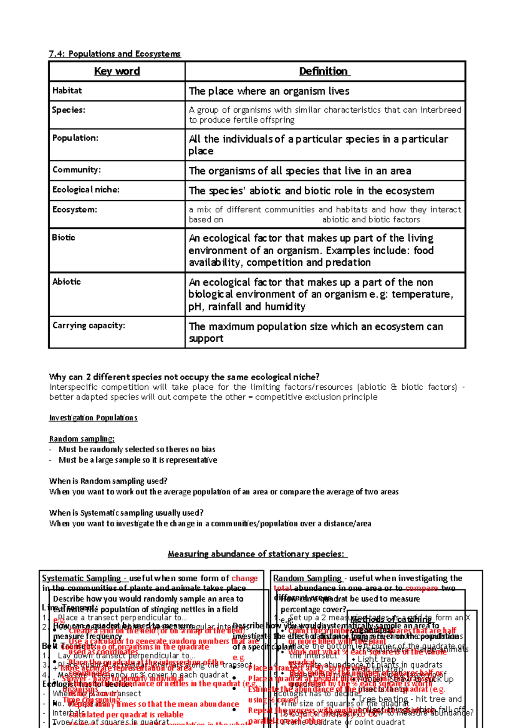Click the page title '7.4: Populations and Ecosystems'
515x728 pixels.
[x=115, y=54]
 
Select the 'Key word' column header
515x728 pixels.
[x=117, y=71]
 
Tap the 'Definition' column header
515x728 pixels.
[x=324, y=71]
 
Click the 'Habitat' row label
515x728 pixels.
[x=67, y=90]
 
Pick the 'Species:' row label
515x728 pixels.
[x=69, y=110]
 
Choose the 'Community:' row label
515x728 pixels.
[x=76, y=170]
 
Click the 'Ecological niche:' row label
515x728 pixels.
[x=86, y=190]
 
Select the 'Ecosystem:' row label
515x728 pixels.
[x=75, y=210]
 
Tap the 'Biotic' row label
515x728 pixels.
[x=64, y=238]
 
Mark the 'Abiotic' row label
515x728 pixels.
[x=67, y=282]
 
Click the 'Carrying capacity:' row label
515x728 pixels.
[x=89, y=325]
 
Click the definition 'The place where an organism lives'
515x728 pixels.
[x=269, y=91]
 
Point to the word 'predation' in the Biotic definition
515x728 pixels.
[x=348, y=262]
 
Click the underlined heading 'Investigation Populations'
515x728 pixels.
[x=93, y=418]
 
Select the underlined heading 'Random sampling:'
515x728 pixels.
[x=82, y=439]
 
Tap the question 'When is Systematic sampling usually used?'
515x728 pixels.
[x=126, y=513]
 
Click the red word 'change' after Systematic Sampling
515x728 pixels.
[x=244, y=578]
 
